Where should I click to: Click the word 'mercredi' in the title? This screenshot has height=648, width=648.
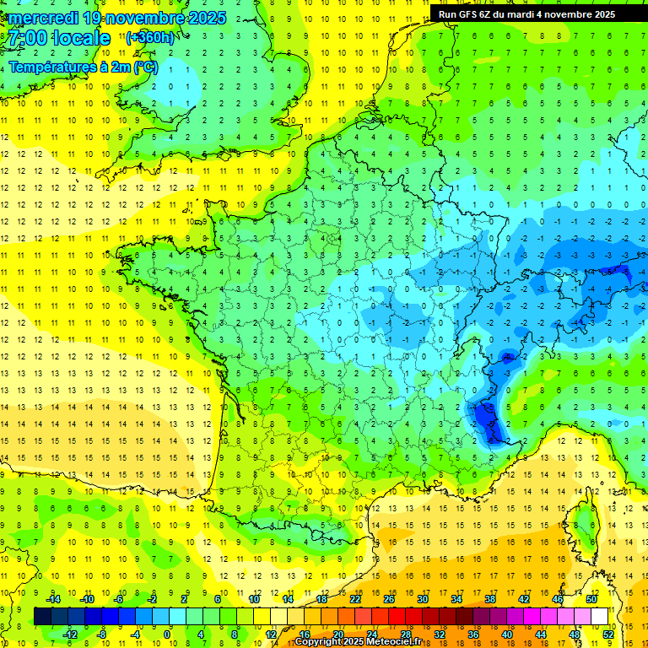point(41,18)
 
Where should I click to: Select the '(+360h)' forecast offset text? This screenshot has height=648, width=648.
point(150,37)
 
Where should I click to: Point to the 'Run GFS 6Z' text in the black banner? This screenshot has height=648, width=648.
point(467,14)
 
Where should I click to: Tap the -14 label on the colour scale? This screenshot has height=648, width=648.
point(55,598)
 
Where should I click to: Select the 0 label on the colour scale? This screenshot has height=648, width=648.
point(166,634)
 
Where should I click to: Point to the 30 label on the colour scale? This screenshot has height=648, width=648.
point(422,598)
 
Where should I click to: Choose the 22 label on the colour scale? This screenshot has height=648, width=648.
point(355,598)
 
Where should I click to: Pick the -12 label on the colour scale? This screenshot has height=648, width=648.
point(71,634)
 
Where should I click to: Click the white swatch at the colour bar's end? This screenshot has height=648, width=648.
point(599,616)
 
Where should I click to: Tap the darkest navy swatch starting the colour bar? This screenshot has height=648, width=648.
point(42,616)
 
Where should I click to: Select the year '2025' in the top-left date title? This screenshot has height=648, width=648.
point(164,18)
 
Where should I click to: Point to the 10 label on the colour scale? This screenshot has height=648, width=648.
point(254,598)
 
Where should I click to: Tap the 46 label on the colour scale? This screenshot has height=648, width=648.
point(558,598)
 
